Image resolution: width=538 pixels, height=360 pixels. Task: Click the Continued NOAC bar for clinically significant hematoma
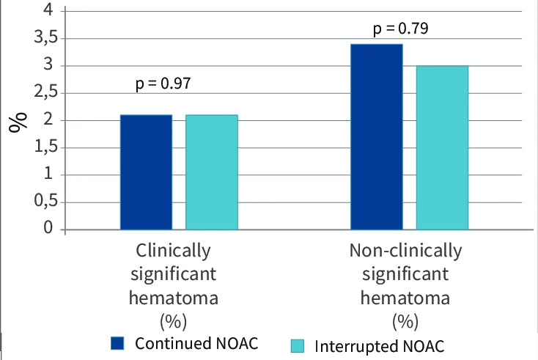pyautogui.click(x=146, y=172)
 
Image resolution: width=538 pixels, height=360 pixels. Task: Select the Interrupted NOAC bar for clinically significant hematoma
pyautogui.click(x=212, y=172)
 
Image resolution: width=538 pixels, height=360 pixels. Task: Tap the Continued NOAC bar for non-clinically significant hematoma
pyautogui.click(x=377, y=136)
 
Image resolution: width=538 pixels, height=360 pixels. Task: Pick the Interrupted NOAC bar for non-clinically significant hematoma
pyautogui.click(x=442, y=147)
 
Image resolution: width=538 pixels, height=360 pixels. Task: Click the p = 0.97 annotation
pyautogui.click(x=163, y=84)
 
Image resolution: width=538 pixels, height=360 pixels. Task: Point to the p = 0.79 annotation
pyautogui.click(x=401, y=28)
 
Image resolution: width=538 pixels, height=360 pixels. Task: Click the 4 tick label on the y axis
pyautogui.click(x=48, y=10)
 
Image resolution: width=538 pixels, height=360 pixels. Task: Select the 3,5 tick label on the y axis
pyautogui.click(x=46, y=37)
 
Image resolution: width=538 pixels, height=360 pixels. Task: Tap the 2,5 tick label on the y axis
pyautogui.click(x=46, y=92)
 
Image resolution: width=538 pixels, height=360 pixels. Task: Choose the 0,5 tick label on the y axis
pyautogui.click(x=46, y=200)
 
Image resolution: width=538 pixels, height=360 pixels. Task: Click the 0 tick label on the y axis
pyautogui.click(x=48, y=227)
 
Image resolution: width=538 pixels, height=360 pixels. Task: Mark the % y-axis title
pyautogui.click(x=18, y=122)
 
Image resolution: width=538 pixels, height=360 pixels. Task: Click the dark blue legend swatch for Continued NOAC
pyautogui.click(x=117, y=343)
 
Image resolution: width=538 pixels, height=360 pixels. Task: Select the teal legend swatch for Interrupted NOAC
pyautogui.click(x=298, y=346)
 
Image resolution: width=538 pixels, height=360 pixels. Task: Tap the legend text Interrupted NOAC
pyautogui.click(x=380, y=346)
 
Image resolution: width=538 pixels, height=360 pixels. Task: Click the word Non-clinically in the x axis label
pyautogui.click(x=405, y=251)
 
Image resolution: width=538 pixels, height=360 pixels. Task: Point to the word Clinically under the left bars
pyautogui.click(x=173, y=251)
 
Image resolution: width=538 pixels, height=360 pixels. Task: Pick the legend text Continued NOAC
pyautogui.click(x=196, y=343)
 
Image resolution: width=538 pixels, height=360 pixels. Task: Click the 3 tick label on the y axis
pyautogui.click(x=48, y=65)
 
